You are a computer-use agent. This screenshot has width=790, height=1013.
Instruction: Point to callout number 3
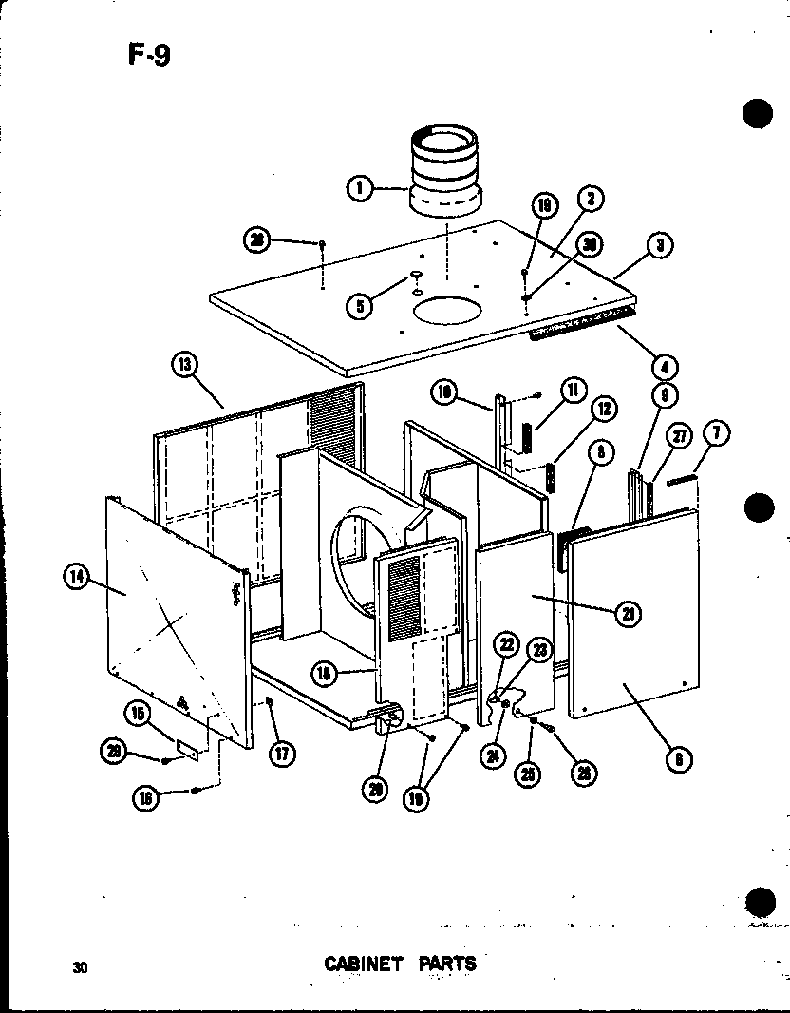point(659,245)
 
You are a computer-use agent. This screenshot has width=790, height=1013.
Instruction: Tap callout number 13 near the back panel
point(185,362)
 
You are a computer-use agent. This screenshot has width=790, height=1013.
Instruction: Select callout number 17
point(282,755)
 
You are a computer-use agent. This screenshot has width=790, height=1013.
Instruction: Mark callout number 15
point(140,713)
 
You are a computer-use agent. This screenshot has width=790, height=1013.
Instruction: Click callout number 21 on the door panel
point(627,614)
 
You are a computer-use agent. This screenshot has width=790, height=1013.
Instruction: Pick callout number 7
point(717,434)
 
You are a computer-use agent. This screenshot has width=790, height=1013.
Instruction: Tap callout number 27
point(680,435)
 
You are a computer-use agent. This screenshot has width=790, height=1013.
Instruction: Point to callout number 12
point(605,410)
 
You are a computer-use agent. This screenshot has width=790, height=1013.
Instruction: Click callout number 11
point(574,389)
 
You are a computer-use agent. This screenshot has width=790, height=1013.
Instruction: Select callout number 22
point(506,645)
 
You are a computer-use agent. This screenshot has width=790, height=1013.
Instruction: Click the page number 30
point(81,967)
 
